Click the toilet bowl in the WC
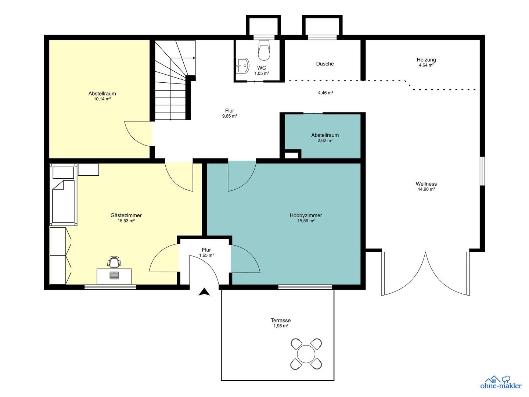pyautogui.click(x=264, y=50)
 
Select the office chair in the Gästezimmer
pyautogui.click(x=114, y=262)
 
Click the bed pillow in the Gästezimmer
pyautogui.click(x=63, y=173)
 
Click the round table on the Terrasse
pyautogui.click(x=306, y=354)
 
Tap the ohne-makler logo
pyautogui.click(x=501, y=386)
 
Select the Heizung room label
pyautogui.click(x=427, y=60)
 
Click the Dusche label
pyautogui.click(x=325, y=64)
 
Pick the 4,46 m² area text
pyautogui.click(x=325, y=93)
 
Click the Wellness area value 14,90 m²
pyautogui.click(x=427, y=189)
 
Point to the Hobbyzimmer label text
pyautogui.click(x=306, y=215)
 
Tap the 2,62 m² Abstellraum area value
pyautogui.click(x=325, y=140)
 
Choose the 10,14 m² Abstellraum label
pyautogui.click(x=102, y=99)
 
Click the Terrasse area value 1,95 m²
pyautogui.click(x=281, y=326)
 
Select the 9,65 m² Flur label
pyautogui.click(x=230, y=116)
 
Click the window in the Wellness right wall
pyautogui.click(x=482, y=171)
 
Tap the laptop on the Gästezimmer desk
pyautogui.click(x=114, y=275)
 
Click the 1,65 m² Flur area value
pyautogui.click(x=206, y=255)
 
